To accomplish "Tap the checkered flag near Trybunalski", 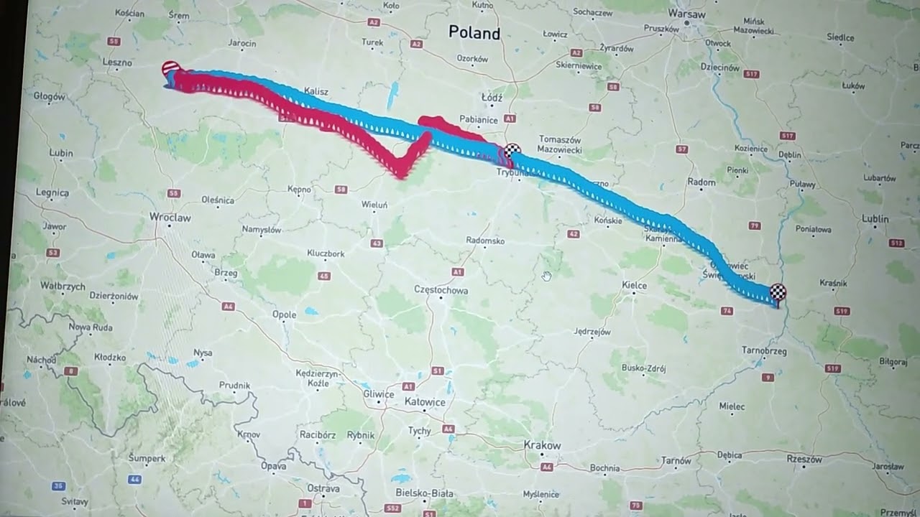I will click(x=512, y=151).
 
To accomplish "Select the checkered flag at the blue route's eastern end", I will click(x=778, y=292).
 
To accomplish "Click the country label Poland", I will click(x=474, y=32).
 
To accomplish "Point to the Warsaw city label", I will click(x=686, y=14).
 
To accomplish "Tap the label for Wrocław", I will click(x=170, y=217).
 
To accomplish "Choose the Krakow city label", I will click(x=542, y=445).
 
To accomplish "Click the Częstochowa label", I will click(x=441, y=290).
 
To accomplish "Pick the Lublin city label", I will click(x=875, y=218).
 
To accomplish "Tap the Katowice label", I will click(x=425, y=402).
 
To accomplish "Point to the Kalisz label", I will click(x=316, y=91).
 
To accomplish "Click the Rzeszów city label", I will click(x=804, y=459).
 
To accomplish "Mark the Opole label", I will click(x=285, y=315).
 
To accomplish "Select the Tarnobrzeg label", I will click(x=765, y=351).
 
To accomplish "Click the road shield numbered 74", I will click(x=727, y=311).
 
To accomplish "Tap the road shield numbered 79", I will click(x=754, y=225).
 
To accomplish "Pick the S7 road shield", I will click(x=682, y=149).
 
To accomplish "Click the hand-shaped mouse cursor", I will click(x=546, y=276).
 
